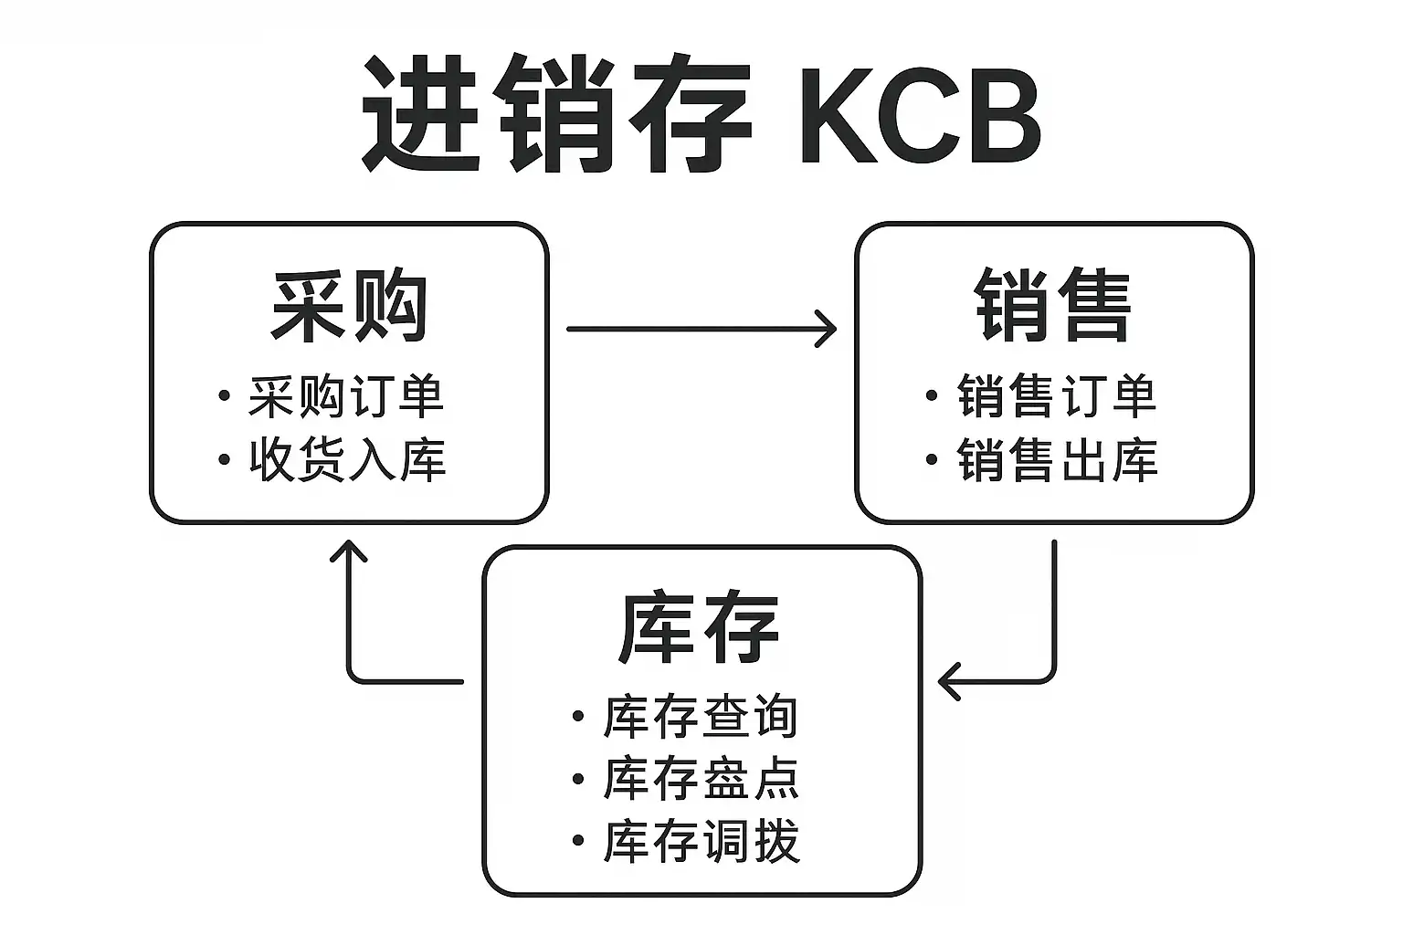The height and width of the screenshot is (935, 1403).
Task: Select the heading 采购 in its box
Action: pos(350,306)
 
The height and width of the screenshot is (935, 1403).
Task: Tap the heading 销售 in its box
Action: pos(1053,306)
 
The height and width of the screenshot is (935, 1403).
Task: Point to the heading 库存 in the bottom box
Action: pos(699,628)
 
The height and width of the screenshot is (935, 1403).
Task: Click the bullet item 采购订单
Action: pos(346,396)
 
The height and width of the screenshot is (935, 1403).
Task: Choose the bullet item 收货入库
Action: pos(347,459)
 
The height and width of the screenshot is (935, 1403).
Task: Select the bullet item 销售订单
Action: pos(1057,396)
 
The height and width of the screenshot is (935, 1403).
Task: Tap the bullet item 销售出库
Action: pos(1057,459)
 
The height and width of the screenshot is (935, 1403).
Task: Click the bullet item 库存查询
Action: pos(701,717)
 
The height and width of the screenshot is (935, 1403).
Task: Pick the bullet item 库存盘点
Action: pos(701,779)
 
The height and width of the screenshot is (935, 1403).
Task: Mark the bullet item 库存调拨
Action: pos(701,841)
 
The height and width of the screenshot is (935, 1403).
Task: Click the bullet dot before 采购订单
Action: pos(225,396)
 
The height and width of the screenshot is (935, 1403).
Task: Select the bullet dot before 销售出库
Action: pos(932,459)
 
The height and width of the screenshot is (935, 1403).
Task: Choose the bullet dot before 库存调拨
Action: pos(577,841)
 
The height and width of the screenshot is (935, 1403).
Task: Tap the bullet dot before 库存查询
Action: pos(577,717)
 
